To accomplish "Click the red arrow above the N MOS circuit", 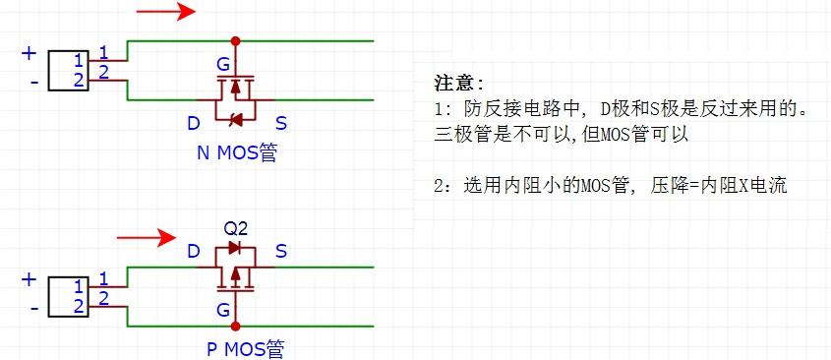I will (165, 13).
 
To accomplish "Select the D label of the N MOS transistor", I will (193, 123).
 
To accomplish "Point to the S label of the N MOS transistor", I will (281, 123).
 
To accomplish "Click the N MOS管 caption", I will (236, 153).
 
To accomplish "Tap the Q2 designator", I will (235, 226).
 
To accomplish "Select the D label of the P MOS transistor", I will (194, 252).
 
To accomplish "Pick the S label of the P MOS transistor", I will (281, 252).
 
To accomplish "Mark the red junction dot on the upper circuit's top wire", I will (235, 41).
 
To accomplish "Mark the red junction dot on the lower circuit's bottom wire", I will (235, 325).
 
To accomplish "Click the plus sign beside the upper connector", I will (29, 53).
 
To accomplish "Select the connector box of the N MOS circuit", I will (69, 70).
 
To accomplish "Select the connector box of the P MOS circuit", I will (69, 296).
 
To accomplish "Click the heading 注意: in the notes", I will (458, 84).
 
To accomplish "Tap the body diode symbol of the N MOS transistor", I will (235, 120).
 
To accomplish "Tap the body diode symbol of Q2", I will (234, 247).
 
